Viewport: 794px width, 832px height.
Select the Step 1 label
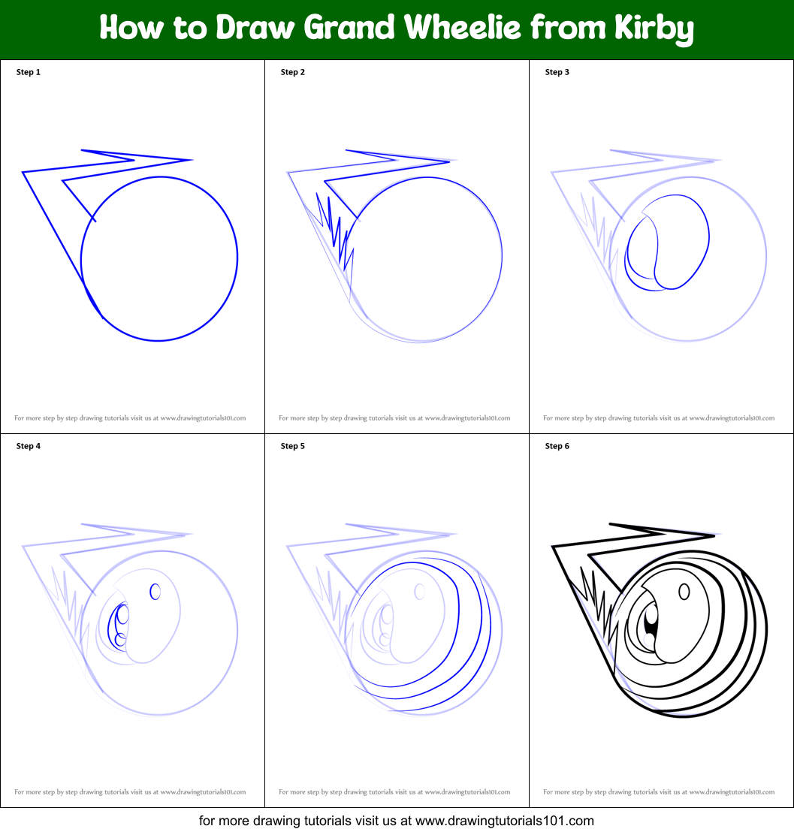pyautogui.click(x=29, y=72)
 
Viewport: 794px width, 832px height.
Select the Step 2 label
pyautogui.click(x=293, y=72)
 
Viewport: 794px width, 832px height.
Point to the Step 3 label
pyautogui.click(x=557, y=72)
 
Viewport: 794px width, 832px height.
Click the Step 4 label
pyautogui.click(x=29, y=446)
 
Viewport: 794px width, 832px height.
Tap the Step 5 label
pyautogui.click(x=293, y=446)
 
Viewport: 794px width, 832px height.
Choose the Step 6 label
pyautogui.click(x=557, y=446)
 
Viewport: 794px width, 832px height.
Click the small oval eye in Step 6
pyautogui.click(x=684, y=592)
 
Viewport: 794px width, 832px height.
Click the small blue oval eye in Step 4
pyautogui.click(x=155, y=592)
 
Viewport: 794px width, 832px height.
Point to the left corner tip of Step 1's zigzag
pyautogui.click(x=23, y=173)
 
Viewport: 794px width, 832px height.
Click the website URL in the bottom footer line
pyautogui.click(x=505, y=821)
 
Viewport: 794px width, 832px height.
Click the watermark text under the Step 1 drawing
pyautogui.click(x=130, y=418)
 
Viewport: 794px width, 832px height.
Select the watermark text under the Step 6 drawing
pyautogui.click(x=659, y=792)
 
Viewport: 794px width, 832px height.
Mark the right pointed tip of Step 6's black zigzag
pyautogui.click(x=714, y=535)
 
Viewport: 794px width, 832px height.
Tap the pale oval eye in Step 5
pyautogui.click(x=419, y=592)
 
